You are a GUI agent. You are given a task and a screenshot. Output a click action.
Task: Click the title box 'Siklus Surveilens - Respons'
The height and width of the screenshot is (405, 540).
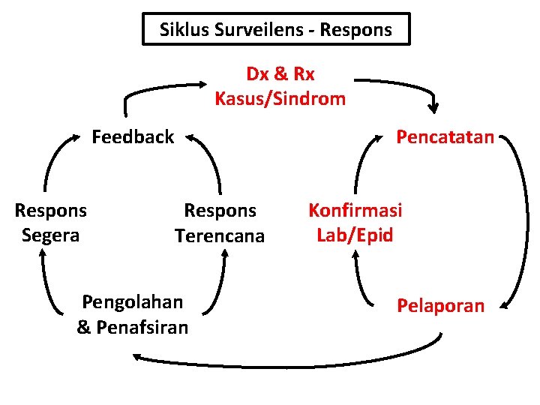276,30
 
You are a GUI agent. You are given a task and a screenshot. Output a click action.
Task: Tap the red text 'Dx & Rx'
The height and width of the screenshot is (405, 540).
280,74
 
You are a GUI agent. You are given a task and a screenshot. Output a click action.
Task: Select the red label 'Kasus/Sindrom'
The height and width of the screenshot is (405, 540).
280,98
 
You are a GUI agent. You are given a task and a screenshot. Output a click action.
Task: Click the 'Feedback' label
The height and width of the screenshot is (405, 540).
133,137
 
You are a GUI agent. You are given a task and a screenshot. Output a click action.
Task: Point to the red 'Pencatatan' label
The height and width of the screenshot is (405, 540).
445,137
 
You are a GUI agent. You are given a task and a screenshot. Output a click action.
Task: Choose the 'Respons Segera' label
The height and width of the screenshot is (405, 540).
51,223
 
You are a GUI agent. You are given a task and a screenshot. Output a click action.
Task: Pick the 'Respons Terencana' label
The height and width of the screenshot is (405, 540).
220,223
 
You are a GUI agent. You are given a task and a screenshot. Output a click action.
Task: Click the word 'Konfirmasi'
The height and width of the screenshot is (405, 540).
355,210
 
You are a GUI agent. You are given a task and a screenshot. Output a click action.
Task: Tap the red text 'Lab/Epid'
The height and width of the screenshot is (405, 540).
355,235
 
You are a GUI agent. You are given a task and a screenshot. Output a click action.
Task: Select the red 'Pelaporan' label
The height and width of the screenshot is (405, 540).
440,306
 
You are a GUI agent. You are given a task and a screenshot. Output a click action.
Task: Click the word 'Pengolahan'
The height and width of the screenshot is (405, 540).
133,301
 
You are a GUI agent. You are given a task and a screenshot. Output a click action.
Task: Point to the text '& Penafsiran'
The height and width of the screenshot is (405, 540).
133,328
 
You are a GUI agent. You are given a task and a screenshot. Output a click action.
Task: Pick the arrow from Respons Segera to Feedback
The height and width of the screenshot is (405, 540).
52,161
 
